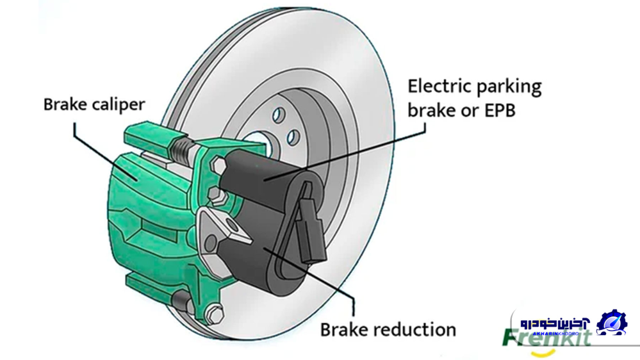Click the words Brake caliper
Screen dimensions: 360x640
pyautogui.click(x=94, y=104)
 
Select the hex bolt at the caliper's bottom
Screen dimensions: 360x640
pyautogui.click(x=215, y=315)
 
